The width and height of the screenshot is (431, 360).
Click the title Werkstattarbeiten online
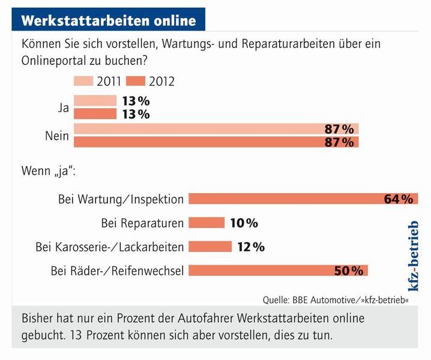point(109,20)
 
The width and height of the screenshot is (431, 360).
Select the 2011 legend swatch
point(91,81)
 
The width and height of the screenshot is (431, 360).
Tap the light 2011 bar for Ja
point(89,101)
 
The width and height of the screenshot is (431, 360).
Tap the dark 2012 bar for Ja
point(89,114)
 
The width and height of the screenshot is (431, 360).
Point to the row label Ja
point(62,108)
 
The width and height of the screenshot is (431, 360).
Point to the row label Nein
point(57,136)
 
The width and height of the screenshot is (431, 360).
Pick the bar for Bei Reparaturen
point(206,223)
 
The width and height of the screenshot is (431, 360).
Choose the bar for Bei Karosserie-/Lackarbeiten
point(210,247)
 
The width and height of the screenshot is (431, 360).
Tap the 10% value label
point(243,223)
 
